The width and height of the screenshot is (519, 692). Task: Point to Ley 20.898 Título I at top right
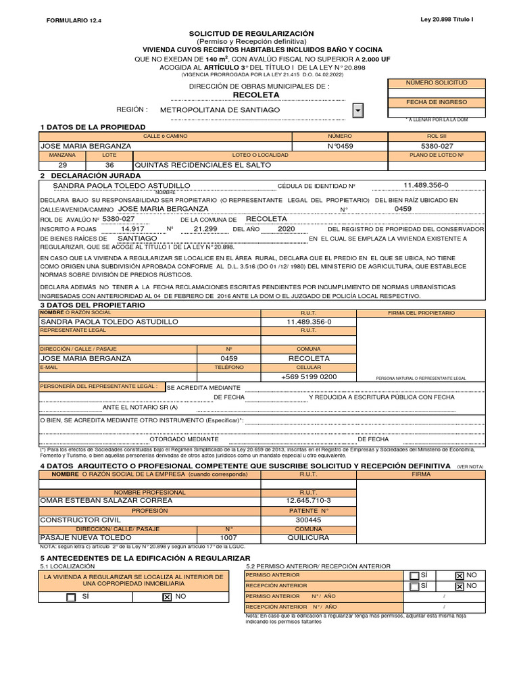(447, 20)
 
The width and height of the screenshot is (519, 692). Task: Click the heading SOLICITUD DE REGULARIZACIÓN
(251, 33)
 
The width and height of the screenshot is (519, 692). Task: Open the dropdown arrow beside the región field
(358, 110)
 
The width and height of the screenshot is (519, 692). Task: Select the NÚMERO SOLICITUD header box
(436, 82)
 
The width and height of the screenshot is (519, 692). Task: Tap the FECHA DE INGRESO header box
(436, 101)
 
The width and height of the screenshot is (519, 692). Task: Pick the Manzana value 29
(63, 165)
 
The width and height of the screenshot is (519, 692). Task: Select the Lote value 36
(109, 165)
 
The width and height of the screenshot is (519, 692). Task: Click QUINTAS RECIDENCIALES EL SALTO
(203, 165)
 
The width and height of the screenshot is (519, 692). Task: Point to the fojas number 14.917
(132, 229)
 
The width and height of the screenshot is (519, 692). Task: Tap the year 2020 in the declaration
(287, 229)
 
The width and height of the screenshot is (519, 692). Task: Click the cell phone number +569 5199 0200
(309, 376)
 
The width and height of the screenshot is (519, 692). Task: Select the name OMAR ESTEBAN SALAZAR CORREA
(106, 500)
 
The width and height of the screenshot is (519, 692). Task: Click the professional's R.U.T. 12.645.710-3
(309, 500)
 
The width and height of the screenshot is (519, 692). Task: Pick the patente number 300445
(309, 520)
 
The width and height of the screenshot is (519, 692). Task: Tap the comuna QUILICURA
(309, 538)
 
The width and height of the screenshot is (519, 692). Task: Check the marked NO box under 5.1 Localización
(166, 597)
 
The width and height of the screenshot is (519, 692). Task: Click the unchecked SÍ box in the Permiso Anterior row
(414, 575)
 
